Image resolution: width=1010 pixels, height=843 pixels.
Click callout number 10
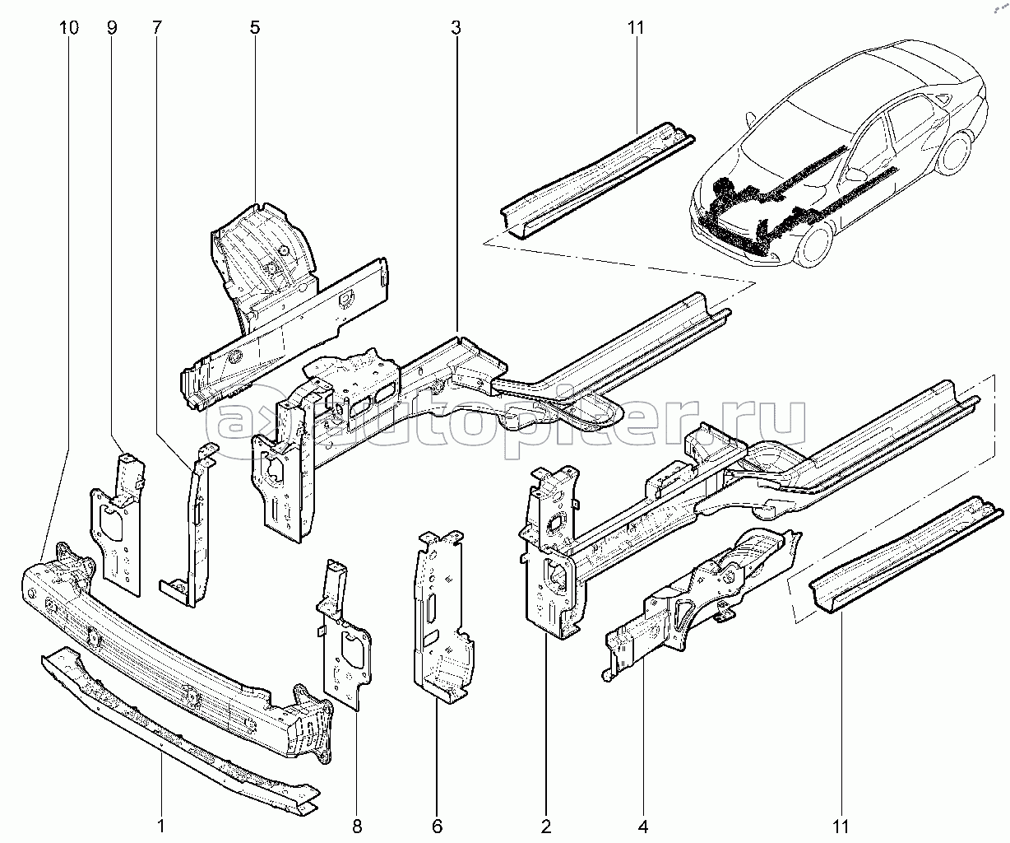(69, 28)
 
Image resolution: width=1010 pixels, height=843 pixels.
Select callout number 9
(112, 28)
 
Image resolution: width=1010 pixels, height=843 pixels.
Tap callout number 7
(156, 28)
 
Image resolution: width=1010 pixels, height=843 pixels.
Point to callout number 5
(255, 28)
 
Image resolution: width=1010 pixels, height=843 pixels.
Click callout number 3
(456, 28)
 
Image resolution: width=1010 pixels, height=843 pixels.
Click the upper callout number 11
(636, 28)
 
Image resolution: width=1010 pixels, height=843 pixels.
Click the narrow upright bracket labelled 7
(198, 525)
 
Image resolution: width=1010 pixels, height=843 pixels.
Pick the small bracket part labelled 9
(118, 523)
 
